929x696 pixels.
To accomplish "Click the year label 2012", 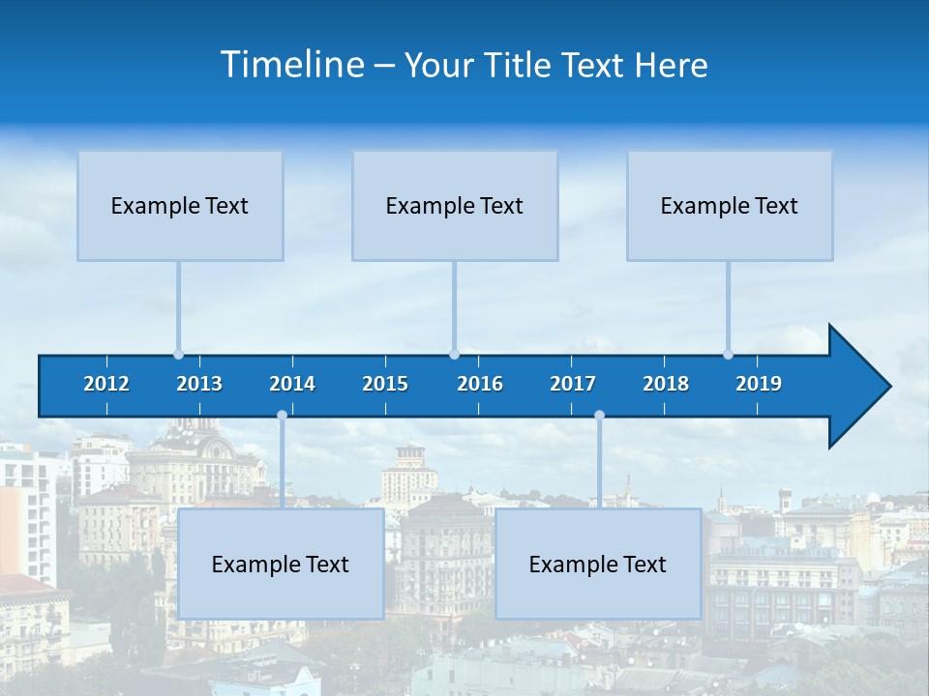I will (x=106, y=384).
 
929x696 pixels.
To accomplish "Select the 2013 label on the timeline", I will (x=199, y=384).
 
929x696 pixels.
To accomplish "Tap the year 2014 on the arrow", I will (x=292, y=384).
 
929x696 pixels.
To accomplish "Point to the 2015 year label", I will (x=385, y=384).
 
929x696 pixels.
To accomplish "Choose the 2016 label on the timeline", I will (x=480, y=384).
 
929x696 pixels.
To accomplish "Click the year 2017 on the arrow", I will (x=573, y=384).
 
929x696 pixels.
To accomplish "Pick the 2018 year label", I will (x=666, y=384).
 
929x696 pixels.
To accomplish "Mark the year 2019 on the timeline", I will (x=759, y=384).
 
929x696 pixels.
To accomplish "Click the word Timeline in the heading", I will (x=292, y=65).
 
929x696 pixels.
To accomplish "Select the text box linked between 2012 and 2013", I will (x=180, y=206).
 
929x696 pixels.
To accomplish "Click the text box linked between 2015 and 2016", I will (x=455, y=206).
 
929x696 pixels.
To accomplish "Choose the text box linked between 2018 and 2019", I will (x=730, y=206).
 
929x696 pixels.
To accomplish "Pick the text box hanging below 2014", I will (x=281, y=565).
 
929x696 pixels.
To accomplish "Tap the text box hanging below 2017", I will (x=598, y=565).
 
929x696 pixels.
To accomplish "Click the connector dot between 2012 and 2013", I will (x=178, y=355).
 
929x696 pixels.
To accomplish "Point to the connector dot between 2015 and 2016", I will (x=454, y=355).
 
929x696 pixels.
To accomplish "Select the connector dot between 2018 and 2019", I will (x=728, y=355).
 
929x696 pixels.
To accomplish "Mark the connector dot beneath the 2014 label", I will (x=282, y=416).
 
